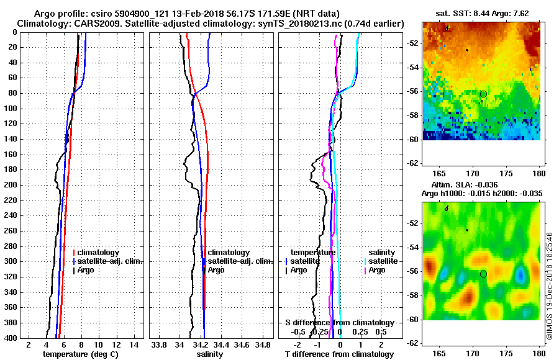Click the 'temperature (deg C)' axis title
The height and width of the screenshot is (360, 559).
tap(80, 354)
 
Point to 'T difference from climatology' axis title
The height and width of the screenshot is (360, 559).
tap(339, 354)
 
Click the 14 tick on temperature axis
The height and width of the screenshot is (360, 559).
tap(134, 344)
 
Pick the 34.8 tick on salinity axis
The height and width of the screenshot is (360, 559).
tap(263, 344)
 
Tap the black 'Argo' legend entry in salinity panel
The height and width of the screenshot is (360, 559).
tap(216, 270)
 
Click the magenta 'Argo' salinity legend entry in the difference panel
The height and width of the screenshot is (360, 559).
tap(377, 270)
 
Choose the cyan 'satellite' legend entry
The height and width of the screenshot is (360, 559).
tap(381, 261)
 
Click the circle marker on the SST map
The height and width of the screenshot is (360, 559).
tap(483, 94)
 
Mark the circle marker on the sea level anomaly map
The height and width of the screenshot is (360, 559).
tap(483, 274)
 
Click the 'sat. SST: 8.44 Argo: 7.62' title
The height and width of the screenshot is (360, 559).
tap(481, 12)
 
